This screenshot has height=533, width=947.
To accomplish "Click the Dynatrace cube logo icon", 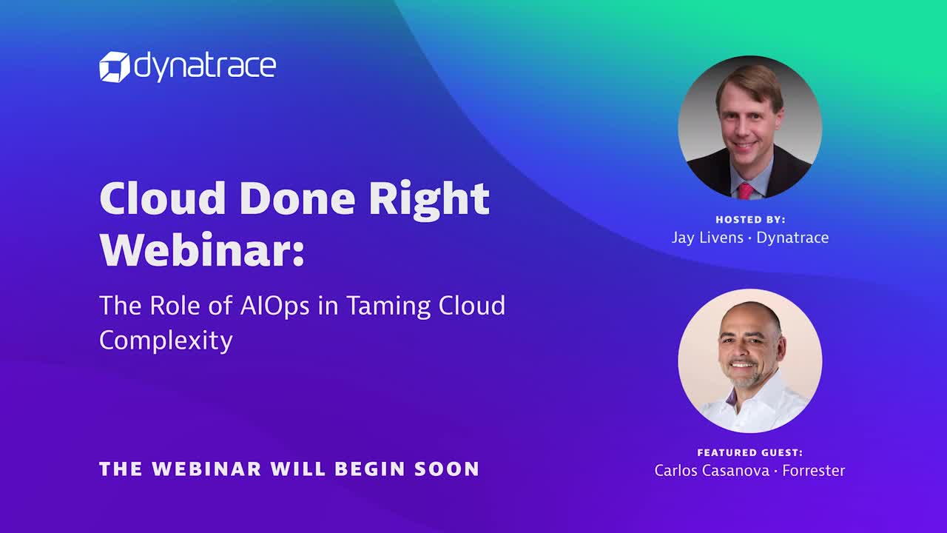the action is coord(115,67).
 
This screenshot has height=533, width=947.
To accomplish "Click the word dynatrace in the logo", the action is coord(205,67).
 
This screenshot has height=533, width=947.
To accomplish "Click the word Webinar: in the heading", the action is coord(202,249).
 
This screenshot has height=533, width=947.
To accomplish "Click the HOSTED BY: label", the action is coord(750,220).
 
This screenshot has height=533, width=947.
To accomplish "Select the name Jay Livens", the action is coord(707,238).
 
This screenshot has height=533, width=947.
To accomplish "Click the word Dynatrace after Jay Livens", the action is coord(792,238).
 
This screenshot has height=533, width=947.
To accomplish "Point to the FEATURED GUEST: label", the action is coord(750,452).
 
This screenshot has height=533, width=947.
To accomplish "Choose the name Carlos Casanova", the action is coord(712,470).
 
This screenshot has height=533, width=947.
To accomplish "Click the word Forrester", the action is coord(813,470).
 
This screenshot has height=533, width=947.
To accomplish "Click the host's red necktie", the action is coord(746,191).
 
